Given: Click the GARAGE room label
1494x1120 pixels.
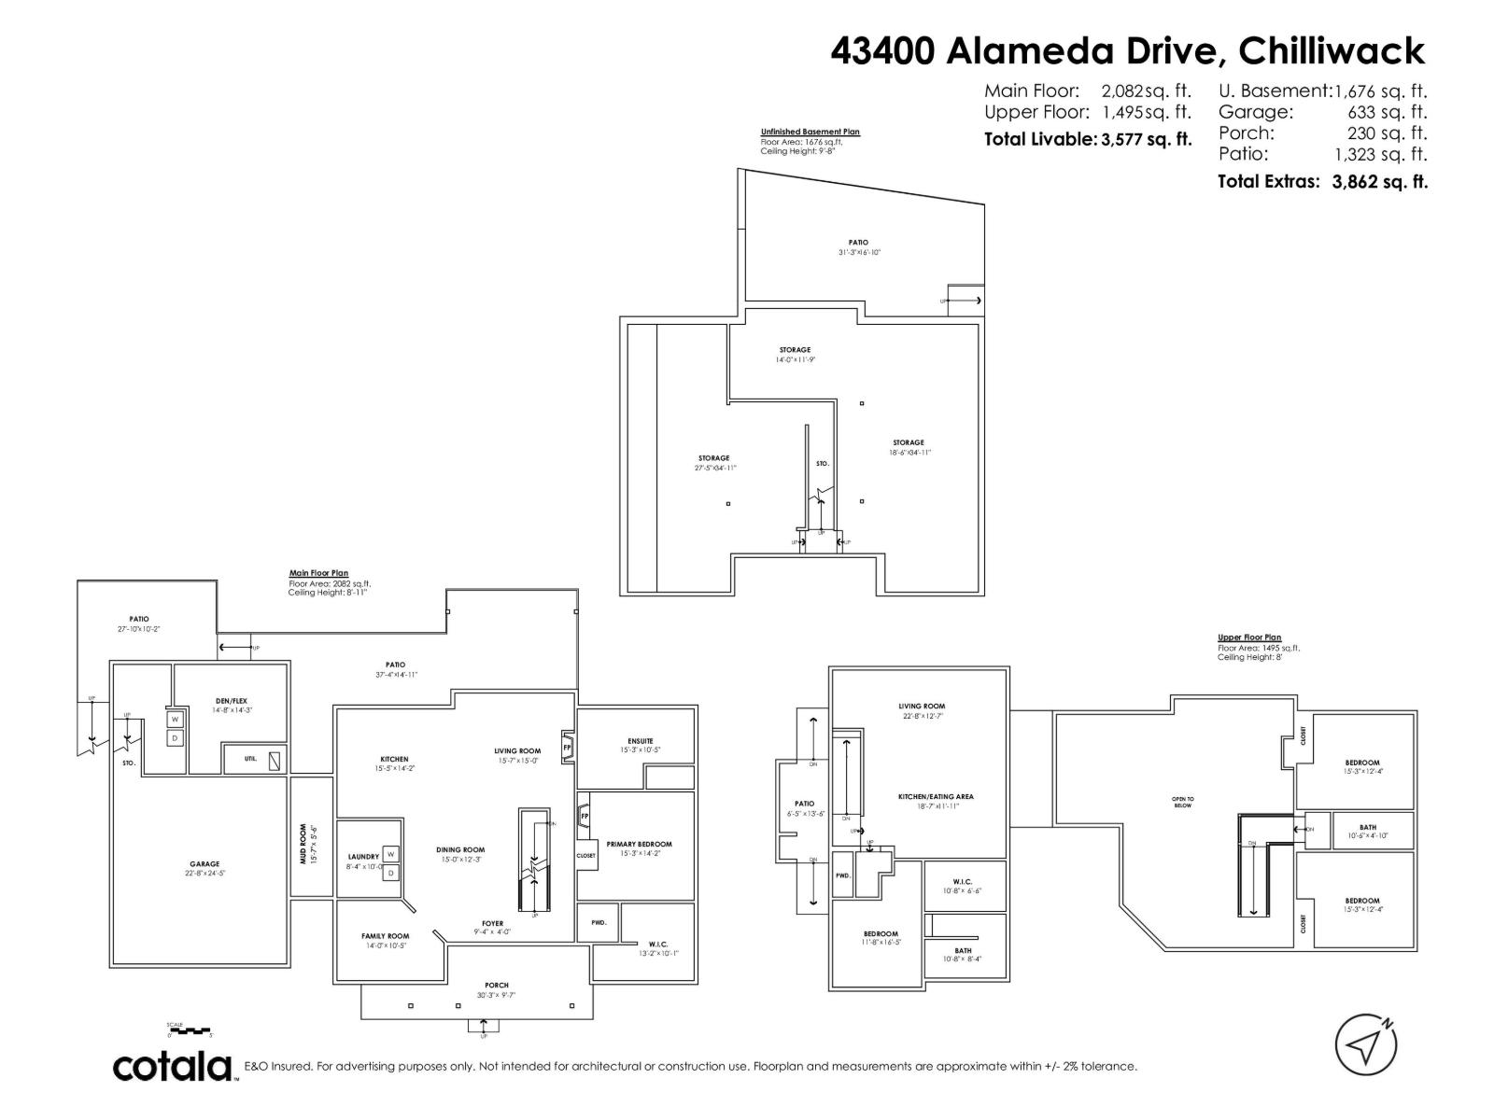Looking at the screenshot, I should pos(204,864).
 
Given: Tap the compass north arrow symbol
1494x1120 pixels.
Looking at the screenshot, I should pos(1365,1044).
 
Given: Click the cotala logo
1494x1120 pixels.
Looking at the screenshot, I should pos(173,1066).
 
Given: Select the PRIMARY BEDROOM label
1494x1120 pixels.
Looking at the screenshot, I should pos(639,844).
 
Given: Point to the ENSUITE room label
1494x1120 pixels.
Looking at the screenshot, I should pos(640,741).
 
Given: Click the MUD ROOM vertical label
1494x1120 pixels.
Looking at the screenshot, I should pos(303,843).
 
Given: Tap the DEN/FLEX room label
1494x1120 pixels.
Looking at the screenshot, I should pos(231,701).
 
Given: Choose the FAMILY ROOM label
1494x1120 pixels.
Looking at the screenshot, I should pos(385,936).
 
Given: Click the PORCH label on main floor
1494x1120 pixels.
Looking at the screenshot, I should pos(496,985).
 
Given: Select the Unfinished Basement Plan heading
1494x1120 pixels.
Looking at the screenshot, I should pos(810,132).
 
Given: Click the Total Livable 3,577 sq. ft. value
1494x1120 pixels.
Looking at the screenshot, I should pos(1147,140).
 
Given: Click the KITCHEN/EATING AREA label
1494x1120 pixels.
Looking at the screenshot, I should pos(936,796).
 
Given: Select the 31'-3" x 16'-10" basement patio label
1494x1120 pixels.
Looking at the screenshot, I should pos(858,252).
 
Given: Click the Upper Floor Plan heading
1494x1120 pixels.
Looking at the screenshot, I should pos(1248,637).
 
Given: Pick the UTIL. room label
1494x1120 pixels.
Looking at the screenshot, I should pos(250,759).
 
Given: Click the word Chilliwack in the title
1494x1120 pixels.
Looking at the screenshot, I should pos(1331,51).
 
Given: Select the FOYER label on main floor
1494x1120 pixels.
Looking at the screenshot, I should pos(492,923).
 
